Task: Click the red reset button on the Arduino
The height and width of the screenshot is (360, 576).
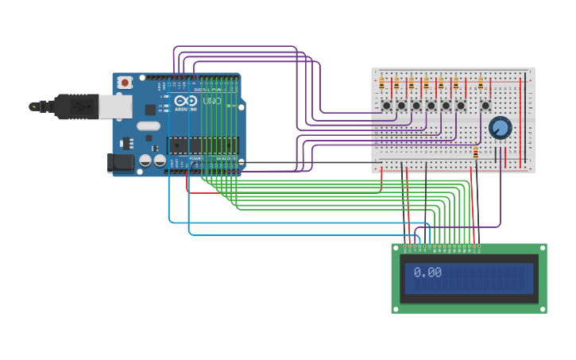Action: [125, 82]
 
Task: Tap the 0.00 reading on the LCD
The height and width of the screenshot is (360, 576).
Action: [427, 273]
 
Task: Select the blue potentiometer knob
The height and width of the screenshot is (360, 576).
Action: [501, 127]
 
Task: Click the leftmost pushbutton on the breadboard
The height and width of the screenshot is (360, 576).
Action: [387, 105]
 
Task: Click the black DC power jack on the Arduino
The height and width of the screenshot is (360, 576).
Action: [119, 163]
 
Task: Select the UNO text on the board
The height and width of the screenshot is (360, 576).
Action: [212, 101]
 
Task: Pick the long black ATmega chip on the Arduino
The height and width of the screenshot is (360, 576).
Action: [202, 145]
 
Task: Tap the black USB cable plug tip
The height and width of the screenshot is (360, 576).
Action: [33, 106]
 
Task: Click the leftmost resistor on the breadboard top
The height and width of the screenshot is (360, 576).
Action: [382, 83]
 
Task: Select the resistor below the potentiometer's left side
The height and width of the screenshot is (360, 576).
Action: [476, 153]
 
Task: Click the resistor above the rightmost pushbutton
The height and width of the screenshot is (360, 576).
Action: [481, 83]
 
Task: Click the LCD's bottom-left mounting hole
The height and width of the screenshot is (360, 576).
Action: [397, 308]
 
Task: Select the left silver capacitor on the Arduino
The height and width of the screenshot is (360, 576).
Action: [145, 161]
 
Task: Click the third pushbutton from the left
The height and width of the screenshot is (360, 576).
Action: [416, 105]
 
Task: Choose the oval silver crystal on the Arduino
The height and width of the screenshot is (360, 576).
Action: [148, 126]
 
